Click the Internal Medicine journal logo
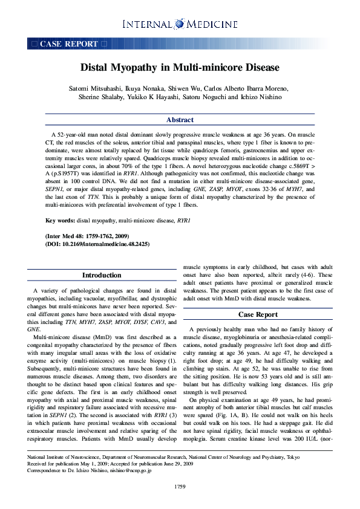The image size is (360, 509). click(x=180, y=24)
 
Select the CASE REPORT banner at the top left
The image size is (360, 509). click(x=68, y=44)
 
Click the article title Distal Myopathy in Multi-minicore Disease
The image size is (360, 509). click(x=180, y=68)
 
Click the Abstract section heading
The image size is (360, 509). click(x=180, y=120)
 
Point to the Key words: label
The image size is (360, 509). click(x=60, y=221)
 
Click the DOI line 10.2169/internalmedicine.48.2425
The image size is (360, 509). click(x=97, y=244)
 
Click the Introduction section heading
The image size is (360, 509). click(x=102, y=275)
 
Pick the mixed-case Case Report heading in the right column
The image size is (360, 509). click(x=258, y=314)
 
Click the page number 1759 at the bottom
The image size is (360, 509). click(x=180, y=486)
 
